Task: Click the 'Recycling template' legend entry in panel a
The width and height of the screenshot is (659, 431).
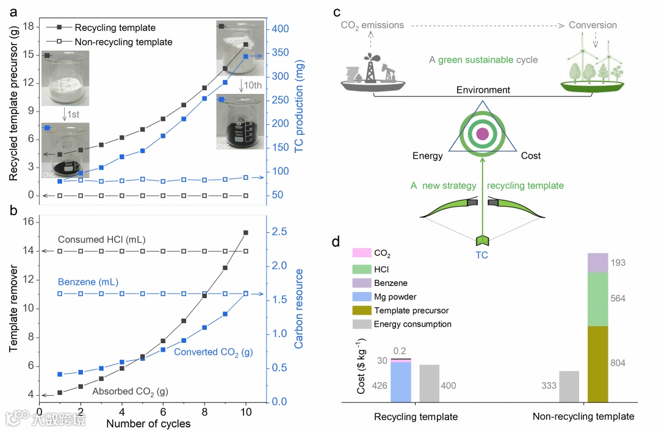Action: coord(115,27)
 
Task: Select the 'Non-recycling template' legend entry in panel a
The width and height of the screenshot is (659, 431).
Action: coord(123,42)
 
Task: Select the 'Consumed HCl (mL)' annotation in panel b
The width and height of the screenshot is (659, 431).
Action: coord(102,240)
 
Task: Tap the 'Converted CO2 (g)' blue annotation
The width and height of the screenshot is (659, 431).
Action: coord(214,352)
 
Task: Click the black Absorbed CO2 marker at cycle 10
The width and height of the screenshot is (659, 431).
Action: coord(246,232)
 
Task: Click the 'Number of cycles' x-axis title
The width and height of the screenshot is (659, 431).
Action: coord(148,423)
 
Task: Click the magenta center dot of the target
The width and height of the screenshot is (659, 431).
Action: coord(482,134)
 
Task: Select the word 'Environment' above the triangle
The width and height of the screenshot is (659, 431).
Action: coord(483,90)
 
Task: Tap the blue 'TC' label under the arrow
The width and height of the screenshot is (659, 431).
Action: coord(482,255)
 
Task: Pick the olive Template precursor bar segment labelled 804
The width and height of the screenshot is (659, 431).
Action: coord(597,364)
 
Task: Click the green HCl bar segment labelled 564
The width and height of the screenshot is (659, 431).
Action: coord(597,299)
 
